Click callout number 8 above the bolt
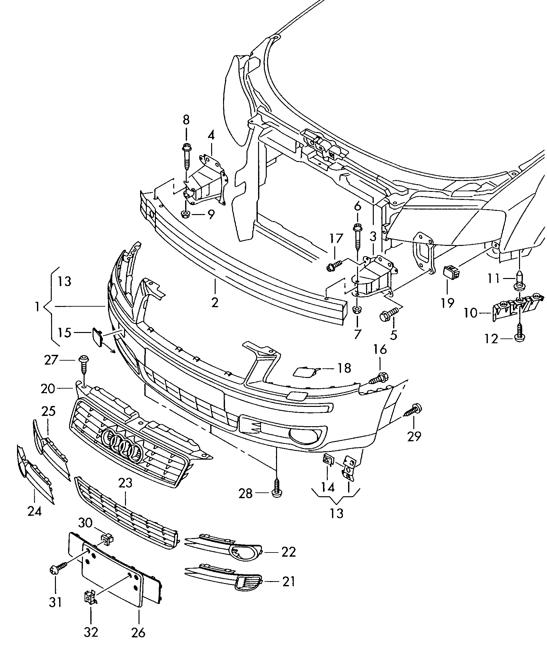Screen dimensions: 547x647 point(186,120)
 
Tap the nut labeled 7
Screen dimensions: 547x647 point(357,310)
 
